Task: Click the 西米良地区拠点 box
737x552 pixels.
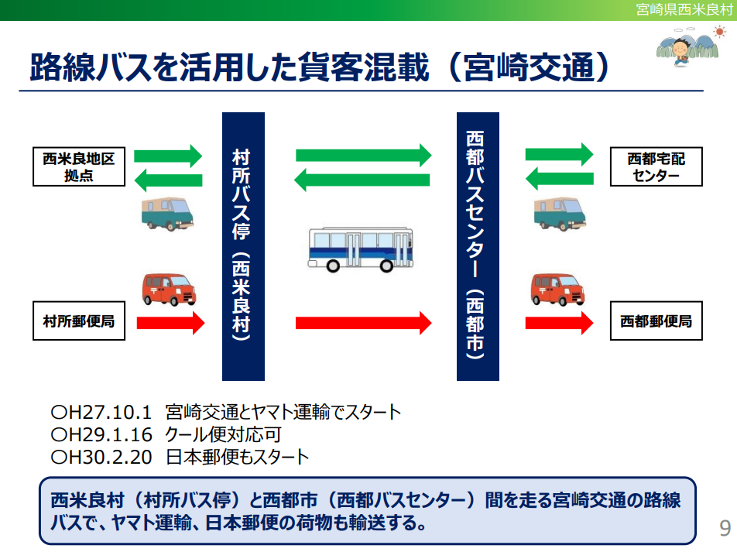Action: (x=79, y=167)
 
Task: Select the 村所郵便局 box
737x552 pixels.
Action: (x=79, y=321)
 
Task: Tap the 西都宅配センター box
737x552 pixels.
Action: (x=656, y=167)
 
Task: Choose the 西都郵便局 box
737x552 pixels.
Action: (x=656, y=321)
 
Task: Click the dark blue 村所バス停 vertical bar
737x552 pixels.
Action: (x=243, y=246)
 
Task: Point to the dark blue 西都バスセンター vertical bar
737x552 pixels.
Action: (x=478, y=246)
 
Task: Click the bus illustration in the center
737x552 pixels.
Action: (x=361, y=248)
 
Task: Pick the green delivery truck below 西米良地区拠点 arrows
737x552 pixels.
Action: (x=167, y=213)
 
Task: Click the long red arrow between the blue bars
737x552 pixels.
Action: (x=362, y=322)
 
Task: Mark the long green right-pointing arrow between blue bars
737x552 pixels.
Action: (x=362, y=155)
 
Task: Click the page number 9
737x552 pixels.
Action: (x=725, y=528)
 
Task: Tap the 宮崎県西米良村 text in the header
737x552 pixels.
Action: (x=684, y=9)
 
